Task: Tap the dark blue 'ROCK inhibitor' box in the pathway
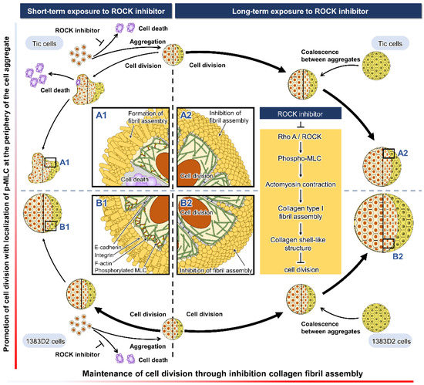pos(301,114)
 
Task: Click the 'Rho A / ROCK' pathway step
pos(301,140)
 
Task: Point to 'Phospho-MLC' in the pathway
pos(301,163)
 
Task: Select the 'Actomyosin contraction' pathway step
pos(301,186)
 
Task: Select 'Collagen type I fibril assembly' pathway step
pos(301,213)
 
